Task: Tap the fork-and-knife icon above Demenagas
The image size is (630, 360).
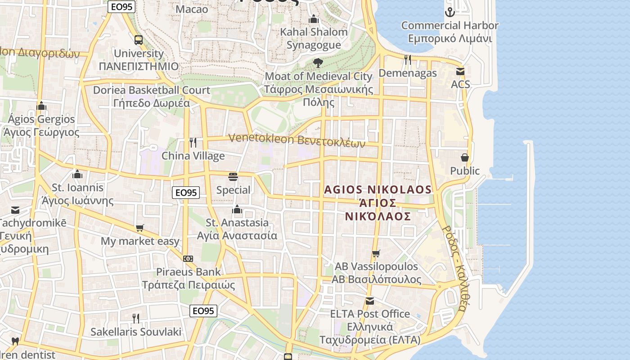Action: click(408, 59)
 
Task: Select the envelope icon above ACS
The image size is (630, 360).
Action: click(460, 71)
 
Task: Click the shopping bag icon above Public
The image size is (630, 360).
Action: click(465, 157)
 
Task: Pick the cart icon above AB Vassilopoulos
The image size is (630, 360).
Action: click(376, 253)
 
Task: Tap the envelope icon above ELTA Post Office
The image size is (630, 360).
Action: click(370, 301)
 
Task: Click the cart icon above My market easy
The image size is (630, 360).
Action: click(140, 228)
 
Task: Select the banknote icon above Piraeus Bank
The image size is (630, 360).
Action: click(188, 259)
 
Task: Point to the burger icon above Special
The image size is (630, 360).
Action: click(233, 176)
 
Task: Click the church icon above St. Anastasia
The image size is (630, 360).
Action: click(237, 209)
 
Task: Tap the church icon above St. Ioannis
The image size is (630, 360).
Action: click(77, 174)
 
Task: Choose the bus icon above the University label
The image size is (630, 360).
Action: click(138, 40)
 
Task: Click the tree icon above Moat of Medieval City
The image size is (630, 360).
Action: click(318, 63)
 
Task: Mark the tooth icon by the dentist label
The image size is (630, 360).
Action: click(15, 341)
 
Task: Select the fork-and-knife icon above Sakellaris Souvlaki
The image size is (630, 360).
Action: click(135, 319)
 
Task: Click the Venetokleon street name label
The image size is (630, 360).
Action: click(297, 140)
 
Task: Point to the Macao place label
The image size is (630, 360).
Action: click(192, 9)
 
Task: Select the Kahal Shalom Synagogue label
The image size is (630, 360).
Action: click(314, 38)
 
